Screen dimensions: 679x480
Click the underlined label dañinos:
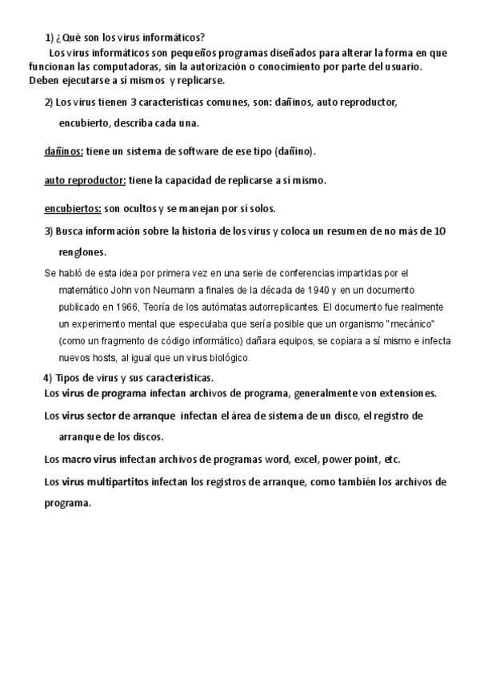(63, 151)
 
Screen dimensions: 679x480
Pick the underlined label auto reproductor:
(85, 180)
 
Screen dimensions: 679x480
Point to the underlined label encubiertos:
(72, 209)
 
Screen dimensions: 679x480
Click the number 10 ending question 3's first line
(439, 232)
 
